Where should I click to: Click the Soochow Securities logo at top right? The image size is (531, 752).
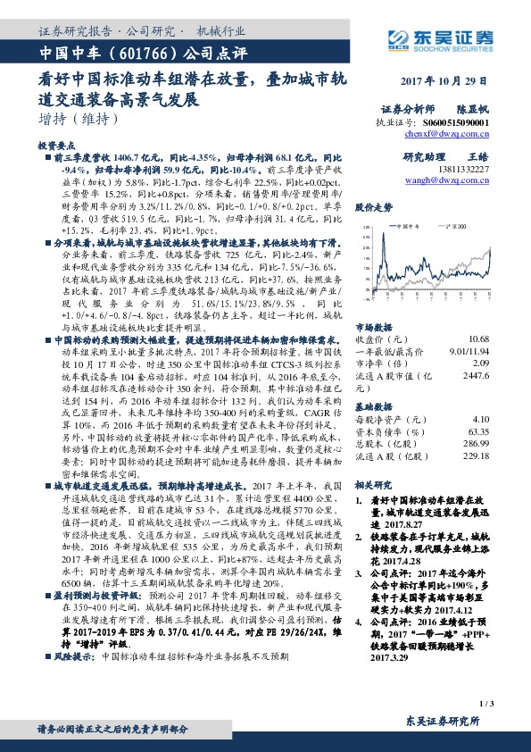447,37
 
